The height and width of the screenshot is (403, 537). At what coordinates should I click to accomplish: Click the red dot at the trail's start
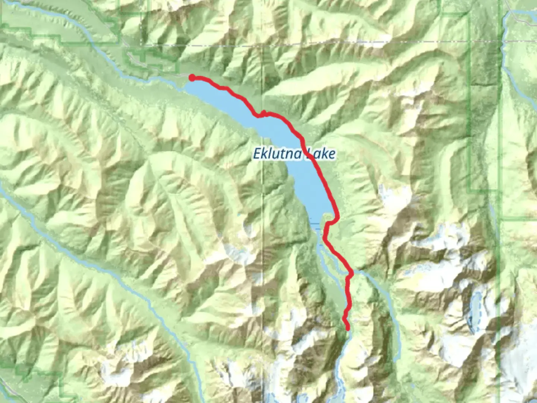[x=192, y=78]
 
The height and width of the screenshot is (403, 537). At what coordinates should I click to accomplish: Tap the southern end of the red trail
[x=348, y=329]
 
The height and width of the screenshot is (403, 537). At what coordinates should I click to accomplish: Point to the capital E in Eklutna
[x=257, y=153]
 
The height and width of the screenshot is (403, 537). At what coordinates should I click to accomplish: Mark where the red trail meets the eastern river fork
[x=351, y=274]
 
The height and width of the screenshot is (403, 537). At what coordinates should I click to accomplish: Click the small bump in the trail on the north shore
[x=263, y=112]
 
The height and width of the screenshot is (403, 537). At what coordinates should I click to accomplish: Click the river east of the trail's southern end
[x=388, y=306]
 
